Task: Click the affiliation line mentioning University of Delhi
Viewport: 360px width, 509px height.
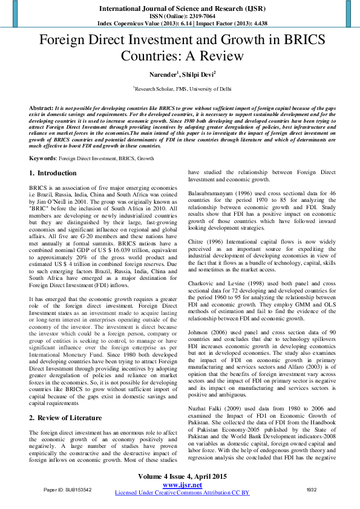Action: [182, 88]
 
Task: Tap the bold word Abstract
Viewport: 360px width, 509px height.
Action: [41, 106]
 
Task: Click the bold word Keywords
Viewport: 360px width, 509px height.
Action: [42, 158]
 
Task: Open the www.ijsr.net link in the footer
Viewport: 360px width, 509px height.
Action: [182, 485]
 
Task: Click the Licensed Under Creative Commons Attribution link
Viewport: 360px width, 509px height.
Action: [182, 493]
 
